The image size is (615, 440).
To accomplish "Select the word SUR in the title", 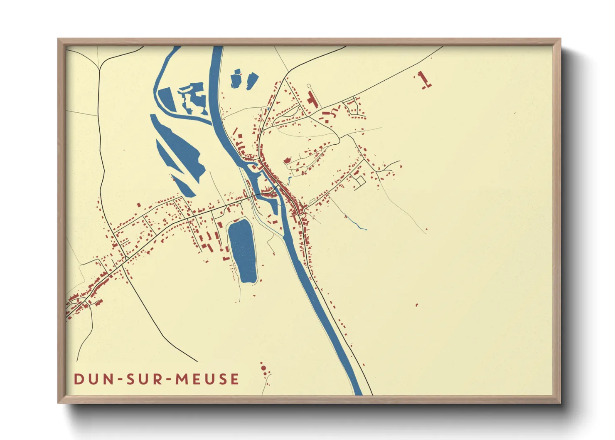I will click(146, 379).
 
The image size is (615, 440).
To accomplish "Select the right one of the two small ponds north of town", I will click(252, 80).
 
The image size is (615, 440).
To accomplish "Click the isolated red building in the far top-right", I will click(423, 79).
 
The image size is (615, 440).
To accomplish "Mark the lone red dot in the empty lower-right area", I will click(417, 305).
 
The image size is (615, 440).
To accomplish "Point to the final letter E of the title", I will click(235, 379).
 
